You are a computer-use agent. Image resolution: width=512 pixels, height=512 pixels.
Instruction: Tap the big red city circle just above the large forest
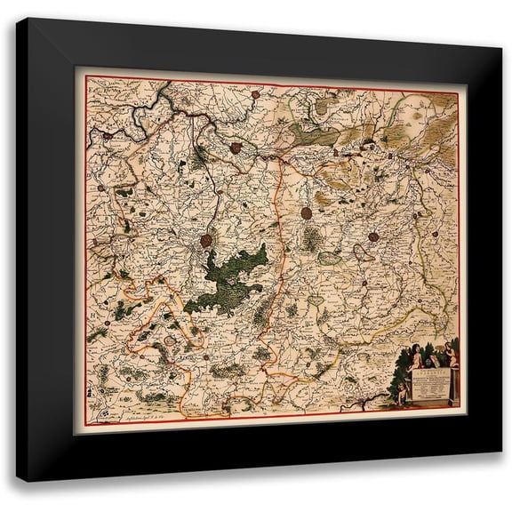206,240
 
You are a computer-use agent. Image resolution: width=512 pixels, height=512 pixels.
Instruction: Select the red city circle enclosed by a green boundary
236,148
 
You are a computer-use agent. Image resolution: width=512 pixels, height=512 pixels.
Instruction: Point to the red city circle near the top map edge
255,92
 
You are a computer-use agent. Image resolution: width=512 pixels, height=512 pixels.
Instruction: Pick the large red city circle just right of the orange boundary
307,213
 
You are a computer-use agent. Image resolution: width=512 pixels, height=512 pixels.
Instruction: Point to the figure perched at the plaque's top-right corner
450,354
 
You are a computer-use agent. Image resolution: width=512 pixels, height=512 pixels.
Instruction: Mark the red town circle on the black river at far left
106,138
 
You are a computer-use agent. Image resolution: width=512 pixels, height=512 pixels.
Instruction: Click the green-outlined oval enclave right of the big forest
330,258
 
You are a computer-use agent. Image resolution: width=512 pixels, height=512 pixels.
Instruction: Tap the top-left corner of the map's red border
86,77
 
